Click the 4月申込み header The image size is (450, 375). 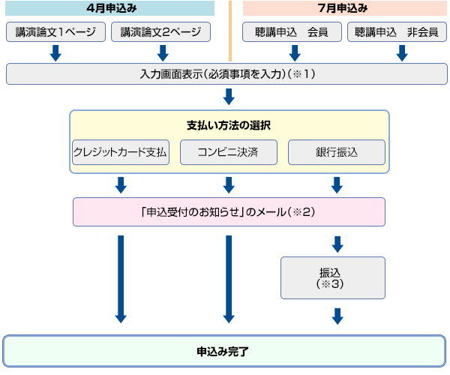click(x=109, y=8)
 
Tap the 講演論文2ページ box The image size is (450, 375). click(x=160, y=32)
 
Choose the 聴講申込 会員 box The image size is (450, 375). click(x=292, y=32)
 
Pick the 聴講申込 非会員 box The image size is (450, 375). click(x=397, y=32)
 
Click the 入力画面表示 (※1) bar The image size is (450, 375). click(x=226, y=74)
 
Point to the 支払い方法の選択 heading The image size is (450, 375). click(x=229, y=124)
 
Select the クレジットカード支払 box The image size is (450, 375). click(x=120, y=151)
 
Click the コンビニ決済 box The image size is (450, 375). click(x=229, y=151)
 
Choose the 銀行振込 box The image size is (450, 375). click(x=337, y=151)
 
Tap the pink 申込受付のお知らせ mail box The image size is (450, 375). click(x=229, y=211)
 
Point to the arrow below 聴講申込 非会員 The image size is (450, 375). click(x=401, y=52)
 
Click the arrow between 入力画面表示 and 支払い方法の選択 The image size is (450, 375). click(x=229, y=97)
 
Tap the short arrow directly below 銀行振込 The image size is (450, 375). click(x=337, y=184)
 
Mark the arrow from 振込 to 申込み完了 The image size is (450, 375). click(x=337, y=316)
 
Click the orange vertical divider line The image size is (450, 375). click(x=229, y=30)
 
